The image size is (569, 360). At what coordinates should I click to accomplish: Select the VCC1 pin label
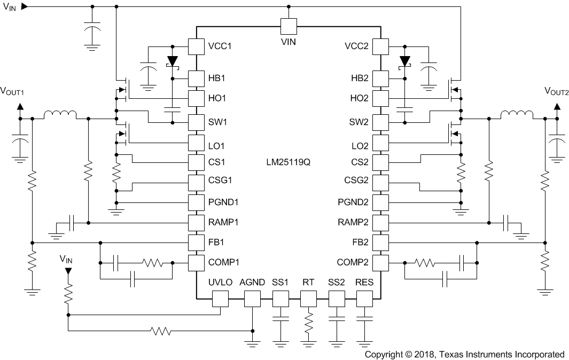[x=219, y=46]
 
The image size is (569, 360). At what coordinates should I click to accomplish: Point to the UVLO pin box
[x=221, y=299]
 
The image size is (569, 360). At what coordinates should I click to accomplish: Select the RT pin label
[x=308, y=282]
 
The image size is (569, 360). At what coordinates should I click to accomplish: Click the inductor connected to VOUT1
[x=60, y=115]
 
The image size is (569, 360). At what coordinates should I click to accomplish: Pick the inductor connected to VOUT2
[x=516, y=115]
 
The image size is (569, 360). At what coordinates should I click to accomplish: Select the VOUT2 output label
[x=556, y=91]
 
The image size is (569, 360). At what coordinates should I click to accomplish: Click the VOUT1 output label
[x=13, y=91]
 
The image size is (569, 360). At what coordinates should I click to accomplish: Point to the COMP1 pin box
[x=196, y=262]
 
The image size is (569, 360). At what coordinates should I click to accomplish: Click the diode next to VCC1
[x=172, y=60]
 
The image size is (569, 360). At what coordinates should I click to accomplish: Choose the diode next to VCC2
[x=405, y=60]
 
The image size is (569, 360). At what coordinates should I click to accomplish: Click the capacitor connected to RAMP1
[x=73, y=222]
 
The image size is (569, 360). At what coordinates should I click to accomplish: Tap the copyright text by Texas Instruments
[x=464, y=354]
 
